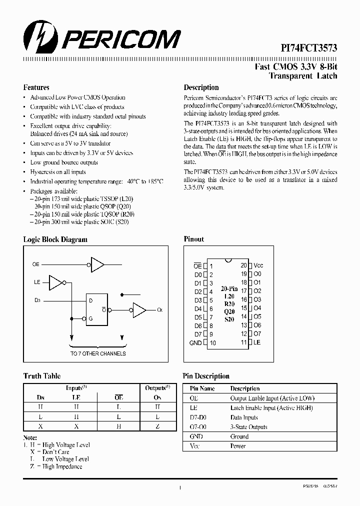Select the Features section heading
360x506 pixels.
pyautogui.click(x=36, y=87)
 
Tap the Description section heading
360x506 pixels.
pyautogui.click(x=201, y=87)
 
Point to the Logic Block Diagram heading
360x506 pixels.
pyautogui.click(x=55, y=239)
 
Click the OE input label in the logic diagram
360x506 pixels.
pyautogui.click(x=35, y=264)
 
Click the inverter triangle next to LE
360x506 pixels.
pyautogui.click(x=56, y=282)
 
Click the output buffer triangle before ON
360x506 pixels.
pyautogui.click(x=139, y=310)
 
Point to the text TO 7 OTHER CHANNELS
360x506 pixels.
pyautogui.click(x=98, y=353)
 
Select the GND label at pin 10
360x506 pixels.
pyautogui.click(x=195, y=343)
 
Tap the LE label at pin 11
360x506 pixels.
pyautogui.click(x=257, y=342)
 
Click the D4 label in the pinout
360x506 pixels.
pyautogui.click(x=198, y=309)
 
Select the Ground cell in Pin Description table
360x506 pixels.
pyautogui.click(x=239, y=436)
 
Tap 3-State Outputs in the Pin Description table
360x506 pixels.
pyautogui.click(x=248, y=427)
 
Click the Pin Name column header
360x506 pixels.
pyautogui.click(x=202, y=388)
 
